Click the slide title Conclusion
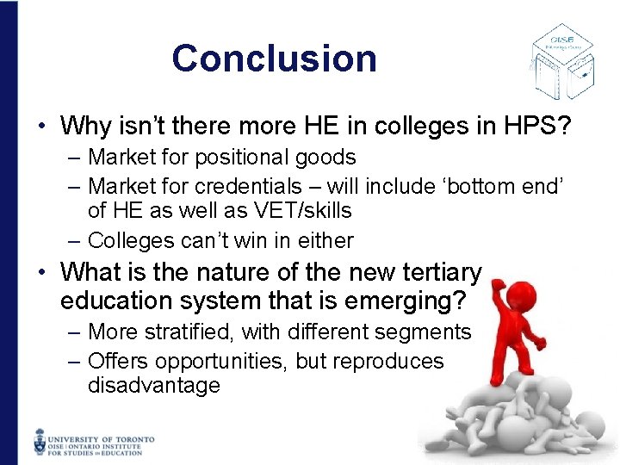274,59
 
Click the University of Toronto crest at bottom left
40,440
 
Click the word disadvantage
154,386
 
